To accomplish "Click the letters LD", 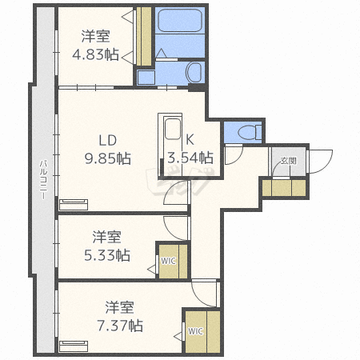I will pos(108,138).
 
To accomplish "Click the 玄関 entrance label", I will pos(287,162).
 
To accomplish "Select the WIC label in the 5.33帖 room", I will pos(168,260).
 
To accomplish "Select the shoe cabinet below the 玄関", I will pos(284,188).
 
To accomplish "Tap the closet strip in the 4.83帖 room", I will pos(144,38).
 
